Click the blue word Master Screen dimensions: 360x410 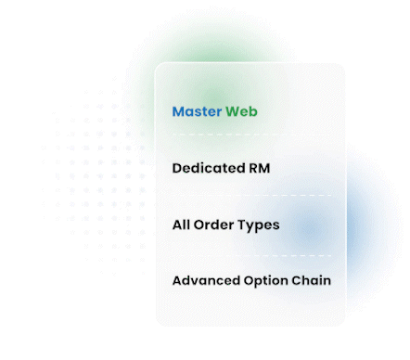[197, 112]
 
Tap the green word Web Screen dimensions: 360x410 [241, 112]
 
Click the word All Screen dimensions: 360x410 [182, 225]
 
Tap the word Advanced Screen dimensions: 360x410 [206, 280]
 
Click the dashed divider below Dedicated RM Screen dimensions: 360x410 [250, 196]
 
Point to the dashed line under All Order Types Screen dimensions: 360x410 [250, 253]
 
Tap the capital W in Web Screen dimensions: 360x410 [232, 112]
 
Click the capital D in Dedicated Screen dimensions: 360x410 [177, 169]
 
